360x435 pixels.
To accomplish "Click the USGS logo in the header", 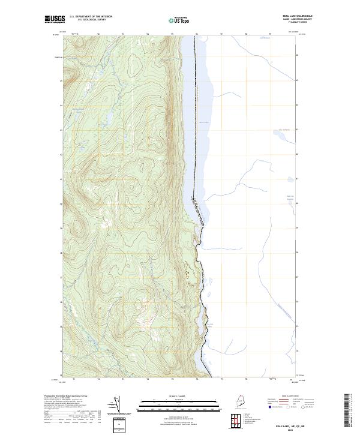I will pyautogui.click(x=55, y=19).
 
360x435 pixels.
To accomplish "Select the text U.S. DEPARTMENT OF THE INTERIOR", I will pyautogui.click(x=91, y=16).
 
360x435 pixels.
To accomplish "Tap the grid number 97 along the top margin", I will pyautogui.click(x=221, y=34).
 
